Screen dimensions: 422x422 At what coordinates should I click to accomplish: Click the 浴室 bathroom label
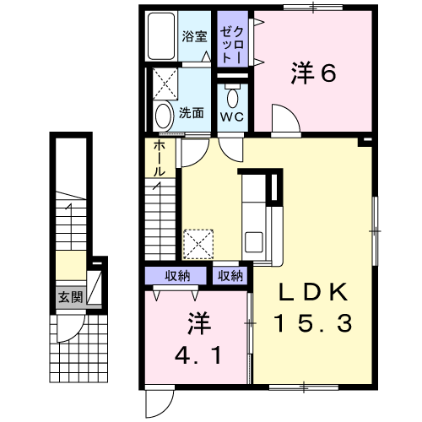click(194, 36)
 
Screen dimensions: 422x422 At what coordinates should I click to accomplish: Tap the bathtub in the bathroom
click(161, 36)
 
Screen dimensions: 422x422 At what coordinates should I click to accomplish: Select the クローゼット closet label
click(232, 45)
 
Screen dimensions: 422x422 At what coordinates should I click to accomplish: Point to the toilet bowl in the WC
click(233, 96)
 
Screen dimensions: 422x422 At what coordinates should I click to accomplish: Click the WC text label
click(232, 116)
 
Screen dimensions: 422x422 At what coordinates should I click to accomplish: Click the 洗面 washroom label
click(192, 113)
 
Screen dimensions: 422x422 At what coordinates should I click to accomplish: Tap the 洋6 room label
click(313, 73)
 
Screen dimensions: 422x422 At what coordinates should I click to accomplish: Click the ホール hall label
click(160, 159)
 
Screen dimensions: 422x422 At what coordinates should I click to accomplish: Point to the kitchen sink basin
click(254, 242)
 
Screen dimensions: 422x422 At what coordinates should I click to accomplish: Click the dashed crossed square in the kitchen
click(198, 244)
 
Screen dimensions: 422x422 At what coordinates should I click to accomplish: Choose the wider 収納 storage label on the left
click(177, 276)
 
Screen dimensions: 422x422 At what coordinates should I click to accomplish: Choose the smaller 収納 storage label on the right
click(230, 276)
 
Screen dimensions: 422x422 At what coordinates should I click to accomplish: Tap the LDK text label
click(312, 292)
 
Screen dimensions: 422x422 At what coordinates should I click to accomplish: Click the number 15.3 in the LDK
click(312, 323)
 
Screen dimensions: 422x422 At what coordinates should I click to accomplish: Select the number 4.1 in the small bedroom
click(197, 355)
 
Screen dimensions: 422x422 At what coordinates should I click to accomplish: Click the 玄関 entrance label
click(71, 297)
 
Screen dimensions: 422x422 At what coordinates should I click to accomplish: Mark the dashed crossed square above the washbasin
click(165, 84)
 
